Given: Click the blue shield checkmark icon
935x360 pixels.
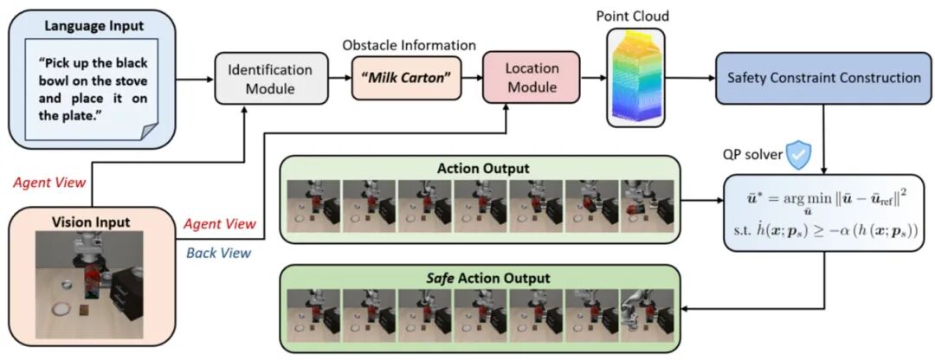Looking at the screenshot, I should [x=798, y=154].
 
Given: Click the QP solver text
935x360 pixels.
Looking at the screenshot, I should [x=752, y=155].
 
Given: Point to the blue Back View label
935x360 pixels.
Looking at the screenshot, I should [x=220, y=253].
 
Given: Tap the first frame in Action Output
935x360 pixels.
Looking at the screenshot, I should [x=313, y=209].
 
